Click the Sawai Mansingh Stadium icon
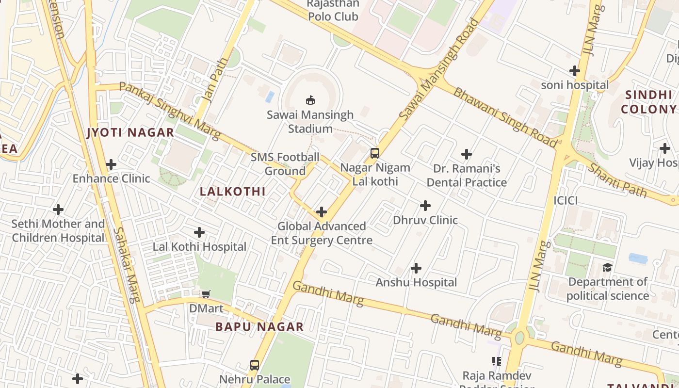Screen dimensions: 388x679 pos(310,100)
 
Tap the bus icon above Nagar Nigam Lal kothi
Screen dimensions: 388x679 pos(374,153)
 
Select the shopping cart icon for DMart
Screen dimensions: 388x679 pos(206,294)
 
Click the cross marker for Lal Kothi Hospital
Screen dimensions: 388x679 pos(199,232)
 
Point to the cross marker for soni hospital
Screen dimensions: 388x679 pos(575,71)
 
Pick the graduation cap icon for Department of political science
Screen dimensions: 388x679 pos(607,268)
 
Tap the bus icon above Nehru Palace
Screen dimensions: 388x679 pos(255,365)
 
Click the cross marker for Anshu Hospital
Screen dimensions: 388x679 pos(416,268)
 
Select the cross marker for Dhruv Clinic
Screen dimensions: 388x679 pos(425,206)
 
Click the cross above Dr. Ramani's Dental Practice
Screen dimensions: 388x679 pos(467,154)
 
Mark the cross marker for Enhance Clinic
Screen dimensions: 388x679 pos(111,164)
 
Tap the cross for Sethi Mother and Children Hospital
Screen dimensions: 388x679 pos(58,210)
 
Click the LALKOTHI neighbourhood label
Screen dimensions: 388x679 pos(233,192)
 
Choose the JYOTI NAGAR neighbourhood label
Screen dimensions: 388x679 pos(130,132)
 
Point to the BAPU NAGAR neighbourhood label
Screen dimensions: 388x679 pos(259,327)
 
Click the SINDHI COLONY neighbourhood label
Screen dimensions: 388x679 pos(648,102)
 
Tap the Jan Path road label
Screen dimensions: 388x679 pos(214,86)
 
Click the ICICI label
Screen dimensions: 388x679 pos(566,200)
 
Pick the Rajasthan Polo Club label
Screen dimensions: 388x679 pos(334,10)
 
